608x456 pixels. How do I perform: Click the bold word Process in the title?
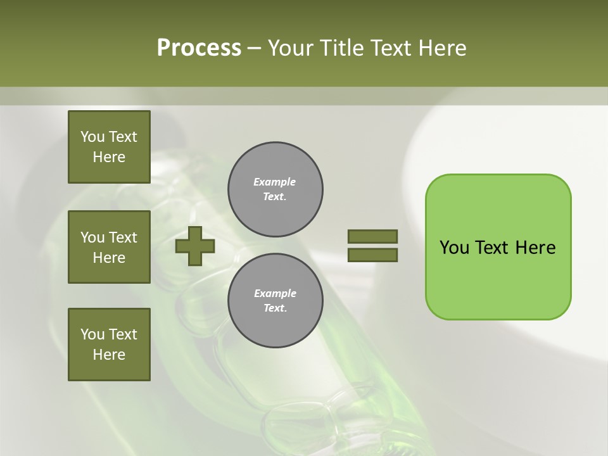click(x=199, y=48)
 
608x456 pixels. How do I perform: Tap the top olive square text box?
click(x=109, y=147)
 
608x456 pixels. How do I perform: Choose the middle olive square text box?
click(x=109, y=247)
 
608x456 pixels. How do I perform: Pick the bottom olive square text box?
click(x=109, y=345)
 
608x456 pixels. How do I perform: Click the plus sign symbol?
click(x=195, y=246)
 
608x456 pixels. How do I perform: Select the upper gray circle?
click(x=275, y=189)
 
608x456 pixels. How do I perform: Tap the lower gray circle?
click(x=275, y=301)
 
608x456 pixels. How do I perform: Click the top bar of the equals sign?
click(x=372, y=237)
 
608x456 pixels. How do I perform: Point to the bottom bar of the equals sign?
click(x=372, y=255)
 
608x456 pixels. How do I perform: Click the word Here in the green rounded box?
click(x=535, y=248)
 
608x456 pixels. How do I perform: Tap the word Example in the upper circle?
click(x=274, y=182)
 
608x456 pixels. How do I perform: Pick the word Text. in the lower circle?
click(x=274, y=308)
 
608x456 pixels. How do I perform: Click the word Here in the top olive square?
click(x=109, y=157)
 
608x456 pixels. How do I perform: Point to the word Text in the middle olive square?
click(x=123, y=237)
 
